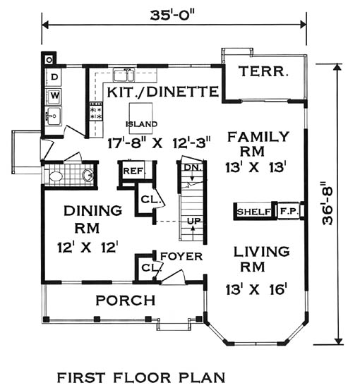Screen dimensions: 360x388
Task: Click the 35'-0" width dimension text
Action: (x=172, y=16)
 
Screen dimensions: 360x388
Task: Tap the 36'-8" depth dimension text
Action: (x=328, y=204)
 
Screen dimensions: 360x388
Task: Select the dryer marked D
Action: (x=54, y=77)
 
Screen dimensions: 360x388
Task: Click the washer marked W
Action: (x=54, y=95)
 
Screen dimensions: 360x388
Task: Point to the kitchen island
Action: (x=141, y=119)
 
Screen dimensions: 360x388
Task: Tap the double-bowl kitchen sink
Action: (x=124, y=75)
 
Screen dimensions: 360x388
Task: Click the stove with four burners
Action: (x=96, y=111)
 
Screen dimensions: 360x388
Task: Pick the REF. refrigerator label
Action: (x=133, y=171)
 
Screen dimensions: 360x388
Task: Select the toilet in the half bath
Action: (x=56, y=176)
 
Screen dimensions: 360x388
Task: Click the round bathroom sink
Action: (x=88, y=175)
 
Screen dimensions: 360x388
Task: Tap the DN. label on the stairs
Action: (x=193, y=168)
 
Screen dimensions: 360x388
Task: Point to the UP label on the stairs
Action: (x=193, y=221)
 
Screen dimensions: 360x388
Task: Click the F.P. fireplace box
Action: (x=289, y=211)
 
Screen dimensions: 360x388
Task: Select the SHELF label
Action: (x=253, y=212)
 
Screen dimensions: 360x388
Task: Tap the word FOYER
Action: (x=181, y=257)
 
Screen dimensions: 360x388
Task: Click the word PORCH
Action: (x=126, y=300)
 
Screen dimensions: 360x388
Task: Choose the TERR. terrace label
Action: (x=263, y=71)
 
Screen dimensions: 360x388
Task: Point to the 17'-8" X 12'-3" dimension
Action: (x=160, y=143)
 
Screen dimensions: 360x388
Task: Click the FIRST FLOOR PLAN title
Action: (x=141, y=378)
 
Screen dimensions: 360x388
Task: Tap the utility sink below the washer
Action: (x=54, y=116)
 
